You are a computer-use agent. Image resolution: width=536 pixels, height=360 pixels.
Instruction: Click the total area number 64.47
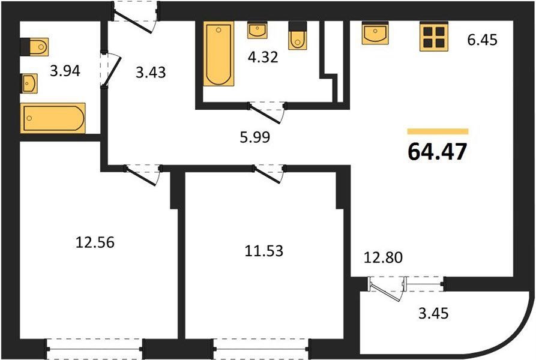(437, 151)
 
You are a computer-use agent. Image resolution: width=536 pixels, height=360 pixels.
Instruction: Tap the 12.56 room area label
(95, 242)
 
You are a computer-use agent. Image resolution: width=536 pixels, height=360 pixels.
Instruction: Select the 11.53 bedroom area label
(264, 251)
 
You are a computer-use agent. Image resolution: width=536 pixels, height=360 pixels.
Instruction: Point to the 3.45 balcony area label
(433, 313)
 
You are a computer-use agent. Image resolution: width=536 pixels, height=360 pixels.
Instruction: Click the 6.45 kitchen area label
(482, 40)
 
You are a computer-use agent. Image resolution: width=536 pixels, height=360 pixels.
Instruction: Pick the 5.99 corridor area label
(254, 137)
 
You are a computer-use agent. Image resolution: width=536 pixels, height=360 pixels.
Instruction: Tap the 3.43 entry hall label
(151, 72)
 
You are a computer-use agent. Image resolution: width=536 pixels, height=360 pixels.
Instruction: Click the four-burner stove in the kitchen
(433, 37)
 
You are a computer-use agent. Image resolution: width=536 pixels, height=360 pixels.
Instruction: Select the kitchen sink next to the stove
(375, 33)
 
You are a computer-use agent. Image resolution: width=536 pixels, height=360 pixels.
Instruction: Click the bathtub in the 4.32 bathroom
(218, 53)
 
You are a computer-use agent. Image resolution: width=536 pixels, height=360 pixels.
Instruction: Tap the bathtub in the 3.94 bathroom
(53, 118)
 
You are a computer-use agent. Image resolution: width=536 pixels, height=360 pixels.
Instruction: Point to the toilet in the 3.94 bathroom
(34, 47)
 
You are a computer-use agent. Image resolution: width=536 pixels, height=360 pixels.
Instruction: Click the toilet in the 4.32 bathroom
(297, 35)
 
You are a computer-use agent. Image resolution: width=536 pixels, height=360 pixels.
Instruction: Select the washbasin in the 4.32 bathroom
(257, 31)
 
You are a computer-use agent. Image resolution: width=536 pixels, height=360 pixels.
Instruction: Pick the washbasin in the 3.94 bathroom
(29, 83)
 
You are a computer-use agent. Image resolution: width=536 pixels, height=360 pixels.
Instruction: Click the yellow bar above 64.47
(438, 131)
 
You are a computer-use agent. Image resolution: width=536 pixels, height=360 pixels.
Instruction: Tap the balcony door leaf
(385, 292)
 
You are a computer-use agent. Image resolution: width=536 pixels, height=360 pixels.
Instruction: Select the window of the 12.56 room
(95, 349)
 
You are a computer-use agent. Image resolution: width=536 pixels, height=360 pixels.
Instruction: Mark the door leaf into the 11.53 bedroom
(267, 175)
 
